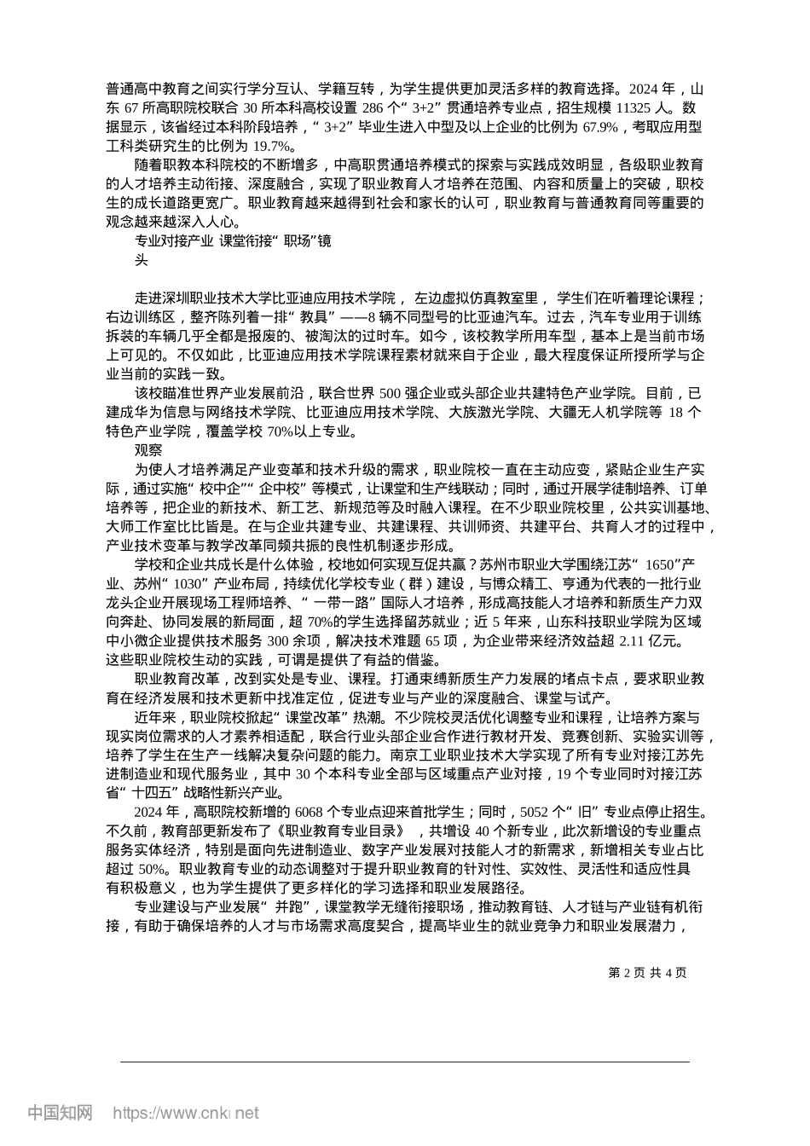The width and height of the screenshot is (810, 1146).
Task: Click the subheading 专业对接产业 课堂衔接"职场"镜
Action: pyautogui.click(x=233, y=241)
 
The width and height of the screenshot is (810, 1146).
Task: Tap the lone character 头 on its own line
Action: pyautogui.click(x=142, y=260)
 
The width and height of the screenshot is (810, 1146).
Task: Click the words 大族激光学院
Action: pyautogui.click(x=489, y=412)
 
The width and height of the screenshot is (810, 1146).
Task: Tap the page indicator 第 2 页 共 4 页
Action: pyautogui.click(x=647, y=972)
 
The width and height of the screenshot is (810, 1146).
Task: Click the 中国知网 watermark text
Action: pyautogui.click(x=60, y=1113)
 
